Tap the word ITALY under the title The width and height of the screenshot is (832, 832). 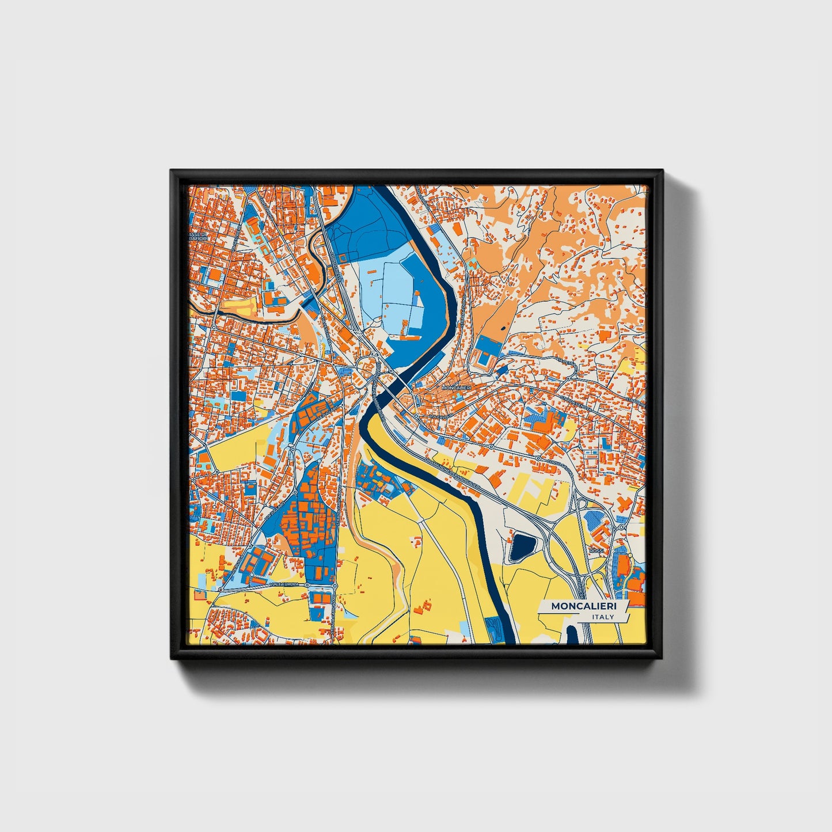click(x=603, y=617)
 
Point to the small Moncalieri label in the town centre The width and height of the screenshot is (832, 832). click(x=455, y=389)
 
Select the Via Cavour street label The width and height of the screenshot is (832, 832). click(x=442, y=416)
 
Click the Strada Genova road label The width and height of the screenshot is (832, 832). click(x=578, y=402)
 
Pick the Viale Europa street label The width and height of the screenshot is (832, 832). click(x=284, y=585)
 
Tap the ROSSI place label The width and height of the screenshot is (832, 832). click(x=597, y=550)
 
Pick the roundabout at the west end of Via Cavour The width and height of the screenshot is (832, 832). click(x=416, y=415)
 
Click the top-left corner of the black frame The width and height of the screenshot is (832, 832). click(x=172, y=171)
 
